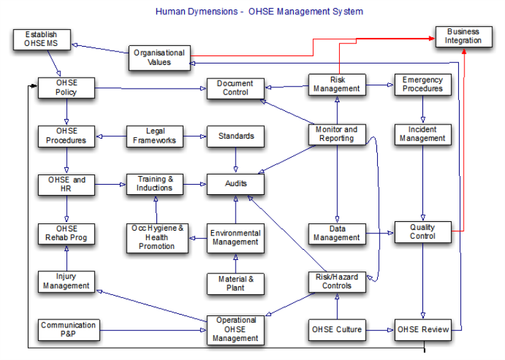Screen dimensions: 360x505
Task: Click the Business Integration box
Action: (x=463, y=37)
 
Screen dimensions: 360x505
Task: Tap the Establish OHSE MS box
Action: (x=41, y=39)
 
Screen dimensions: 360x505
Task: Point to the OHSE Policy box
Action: (x=66, y=88)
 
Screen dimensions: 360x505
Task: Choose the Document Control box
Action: (x=235, y=88)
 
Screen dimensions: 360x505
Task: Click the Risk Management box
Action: (x=336, y=85)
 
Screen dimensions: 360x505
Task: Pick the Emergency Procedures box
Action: (x=422, y=85)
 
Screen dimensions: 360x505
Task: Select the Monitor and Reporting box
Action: (x=336, y=134)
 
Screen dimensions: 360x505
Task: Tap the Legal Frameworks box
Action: (x=155, y=136)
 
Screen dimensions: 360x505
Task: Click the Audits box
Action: (x=236, y=183)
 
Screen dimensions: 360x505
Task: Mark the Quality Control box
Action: (x=422, y=232)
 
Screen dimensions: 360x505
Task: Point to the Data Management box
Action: (x=336, y=233)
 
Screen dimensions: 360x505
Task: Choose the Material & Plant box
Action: (x=236, y=283)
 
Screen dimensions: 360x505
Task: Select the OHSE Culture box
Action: (x=336, y=330)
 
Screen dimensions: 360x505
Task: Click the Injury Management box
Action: (x=66, y=281)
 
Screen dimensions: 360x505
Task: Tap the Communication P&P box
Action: (x=68, y=330)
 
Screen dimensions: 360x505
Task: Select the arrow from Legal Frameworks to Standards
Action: (x=195, y=137)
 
